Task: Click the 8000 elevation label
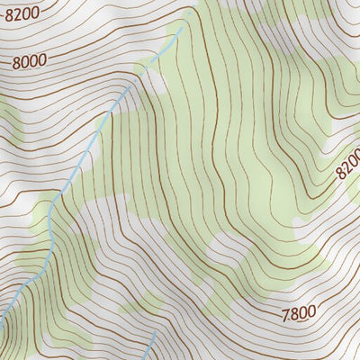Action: click(31, 61)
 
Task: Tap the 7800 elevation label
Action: click(298, 313)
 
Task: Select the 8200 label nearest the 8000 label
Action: click(22, 13)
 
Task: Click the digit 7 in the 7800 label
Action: click(285, 315)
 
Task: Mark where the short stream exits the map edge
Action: click(145, 359)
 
